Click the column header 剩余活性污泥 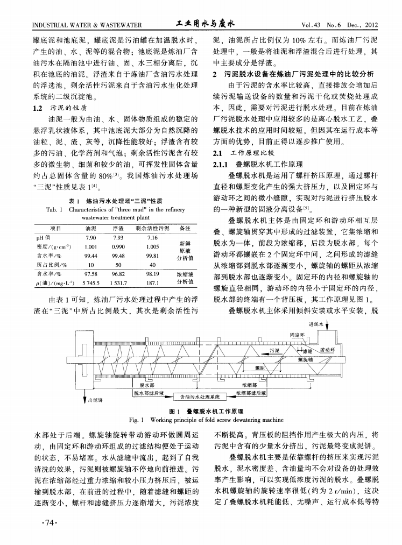(x=152, y=228)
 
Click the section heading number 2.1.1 (x=223, y=164)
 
